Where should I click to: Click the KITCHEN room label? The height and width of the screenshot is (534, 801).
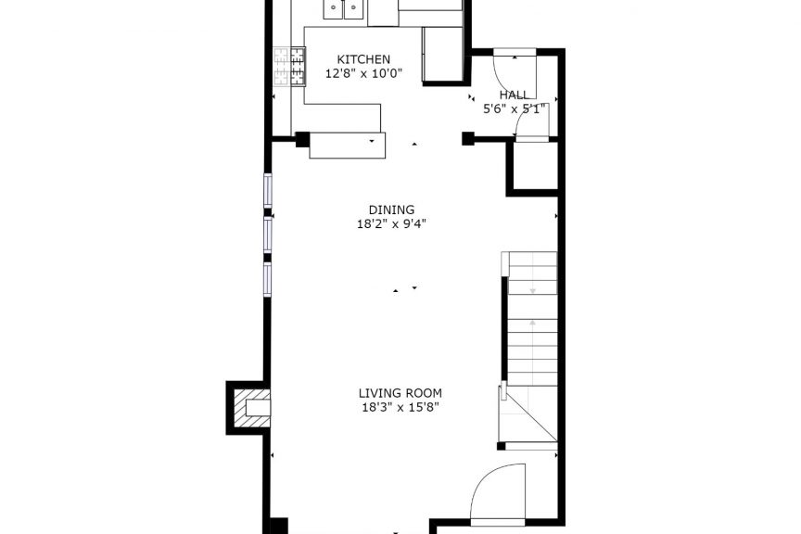coord(363,59)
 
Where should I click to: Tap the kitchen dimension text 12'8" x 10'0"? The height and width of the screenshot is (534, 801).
coord(363,73)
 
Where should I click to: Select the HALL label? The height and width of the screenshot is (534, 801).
coord(515,95)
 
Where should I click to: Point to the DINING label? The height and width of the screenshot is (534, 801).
coord(391,210)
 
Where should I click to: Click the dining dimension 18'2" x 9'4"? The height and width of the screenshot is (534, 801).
coord(391,223)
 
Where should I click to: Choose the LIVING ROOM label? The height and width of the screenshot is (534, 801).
coord(400,393)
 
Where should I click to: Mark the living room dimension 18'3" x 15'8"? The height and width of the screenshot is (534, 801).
coord(400,407)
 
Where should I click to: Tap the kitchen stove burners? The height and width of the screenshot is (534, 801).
coord(289,67)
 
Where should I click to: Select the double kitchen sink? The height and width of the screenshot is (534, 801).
coord(343,9)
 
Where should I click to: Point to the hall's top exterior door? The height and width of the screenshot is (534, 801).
coord(515,52)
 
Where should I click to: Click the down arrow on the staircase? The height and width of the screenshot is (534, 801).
coord(532,290)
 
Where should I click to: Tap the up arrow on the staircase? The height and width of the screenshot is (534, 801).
coord(532,323)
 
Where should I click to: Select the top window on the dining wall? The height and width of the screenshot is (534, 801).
coord(267,191)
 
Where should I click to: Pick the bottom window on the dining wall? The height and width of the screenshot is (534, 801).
coord(267,279)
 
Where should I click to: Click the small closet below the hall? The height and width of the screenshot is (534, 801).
coord(534,166)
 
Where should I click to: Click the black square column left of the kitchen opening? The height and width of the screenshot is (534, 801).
coord(302,139)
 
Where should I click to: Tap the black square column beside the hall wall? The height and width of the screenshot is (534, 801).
coord(467,138)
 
